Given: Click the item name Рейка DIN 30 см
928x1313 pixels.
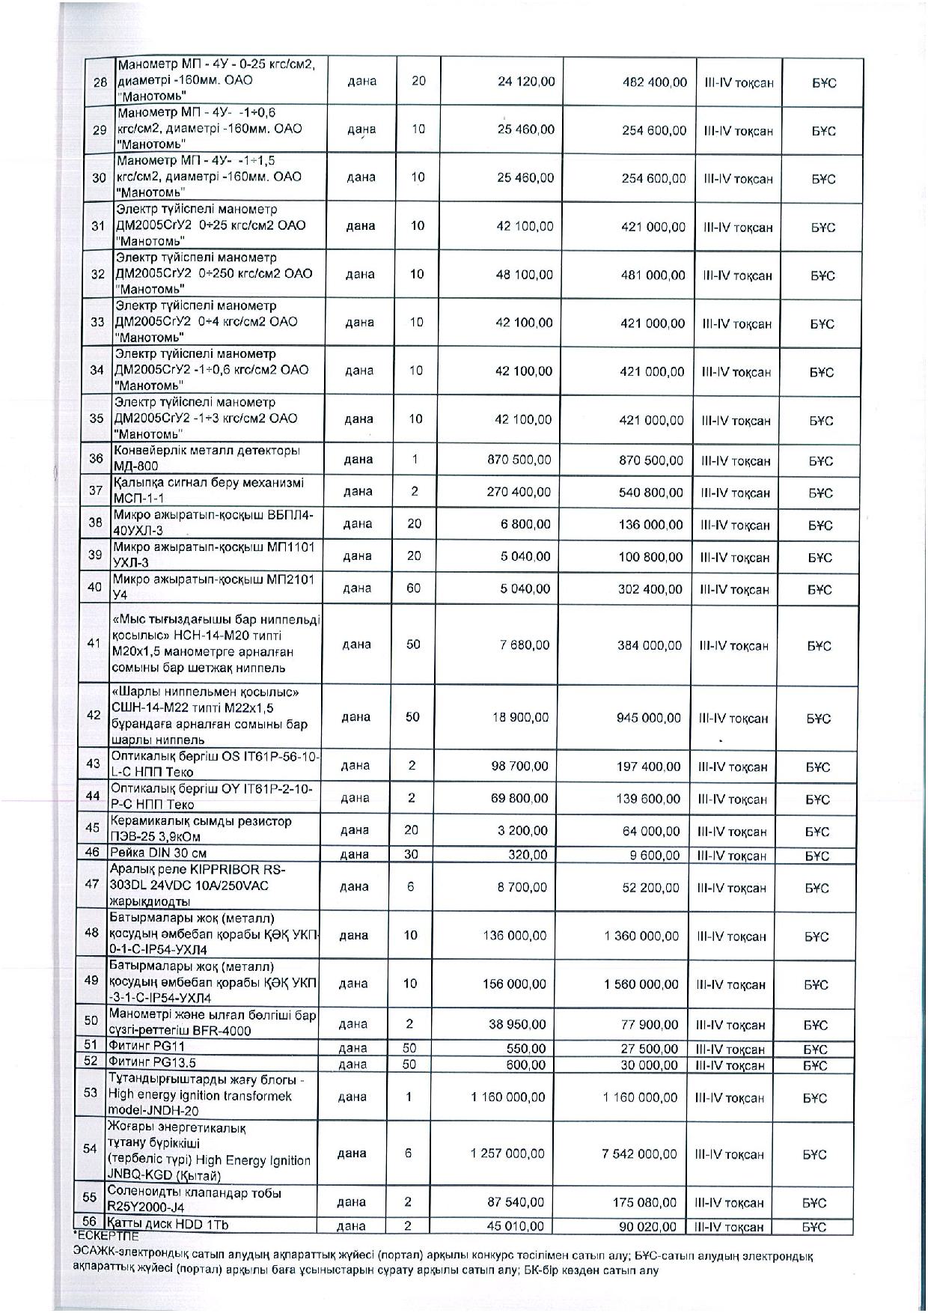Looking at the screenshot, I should point(158,853).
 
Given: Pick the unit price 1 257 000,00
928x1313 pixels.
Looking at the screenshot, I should point(507,1154).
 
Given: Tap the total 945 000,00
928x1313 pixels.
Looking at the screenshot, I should point(649,717).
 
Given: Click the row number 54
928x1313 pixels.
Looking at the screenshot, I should point(90,1149).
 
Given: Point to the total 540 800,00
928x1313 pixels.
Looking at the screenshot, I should point(652,493).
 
